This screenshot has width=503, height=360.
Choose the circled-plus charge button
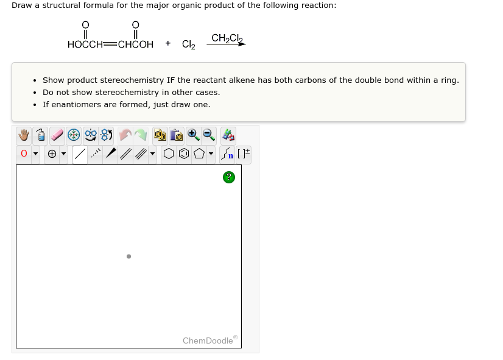[x=52, y=155]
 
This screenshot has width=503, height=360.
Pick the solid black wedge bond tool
[x=111, y=155]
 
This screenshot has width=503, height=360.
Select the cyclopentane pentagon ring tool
[x=199, y=155]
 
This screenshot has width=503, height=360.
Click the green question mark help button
[x=228, y=177]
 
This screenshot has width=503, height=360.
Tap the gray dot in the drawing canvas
[x=128, y=256]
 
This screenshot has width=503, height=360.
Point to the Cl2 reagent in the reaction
[x=189, y=44]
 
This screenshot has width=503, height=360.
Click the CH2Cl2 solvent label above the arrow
[x=227, y=38]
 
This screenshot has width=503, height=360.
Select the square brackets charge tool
[x=243, y=155]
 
